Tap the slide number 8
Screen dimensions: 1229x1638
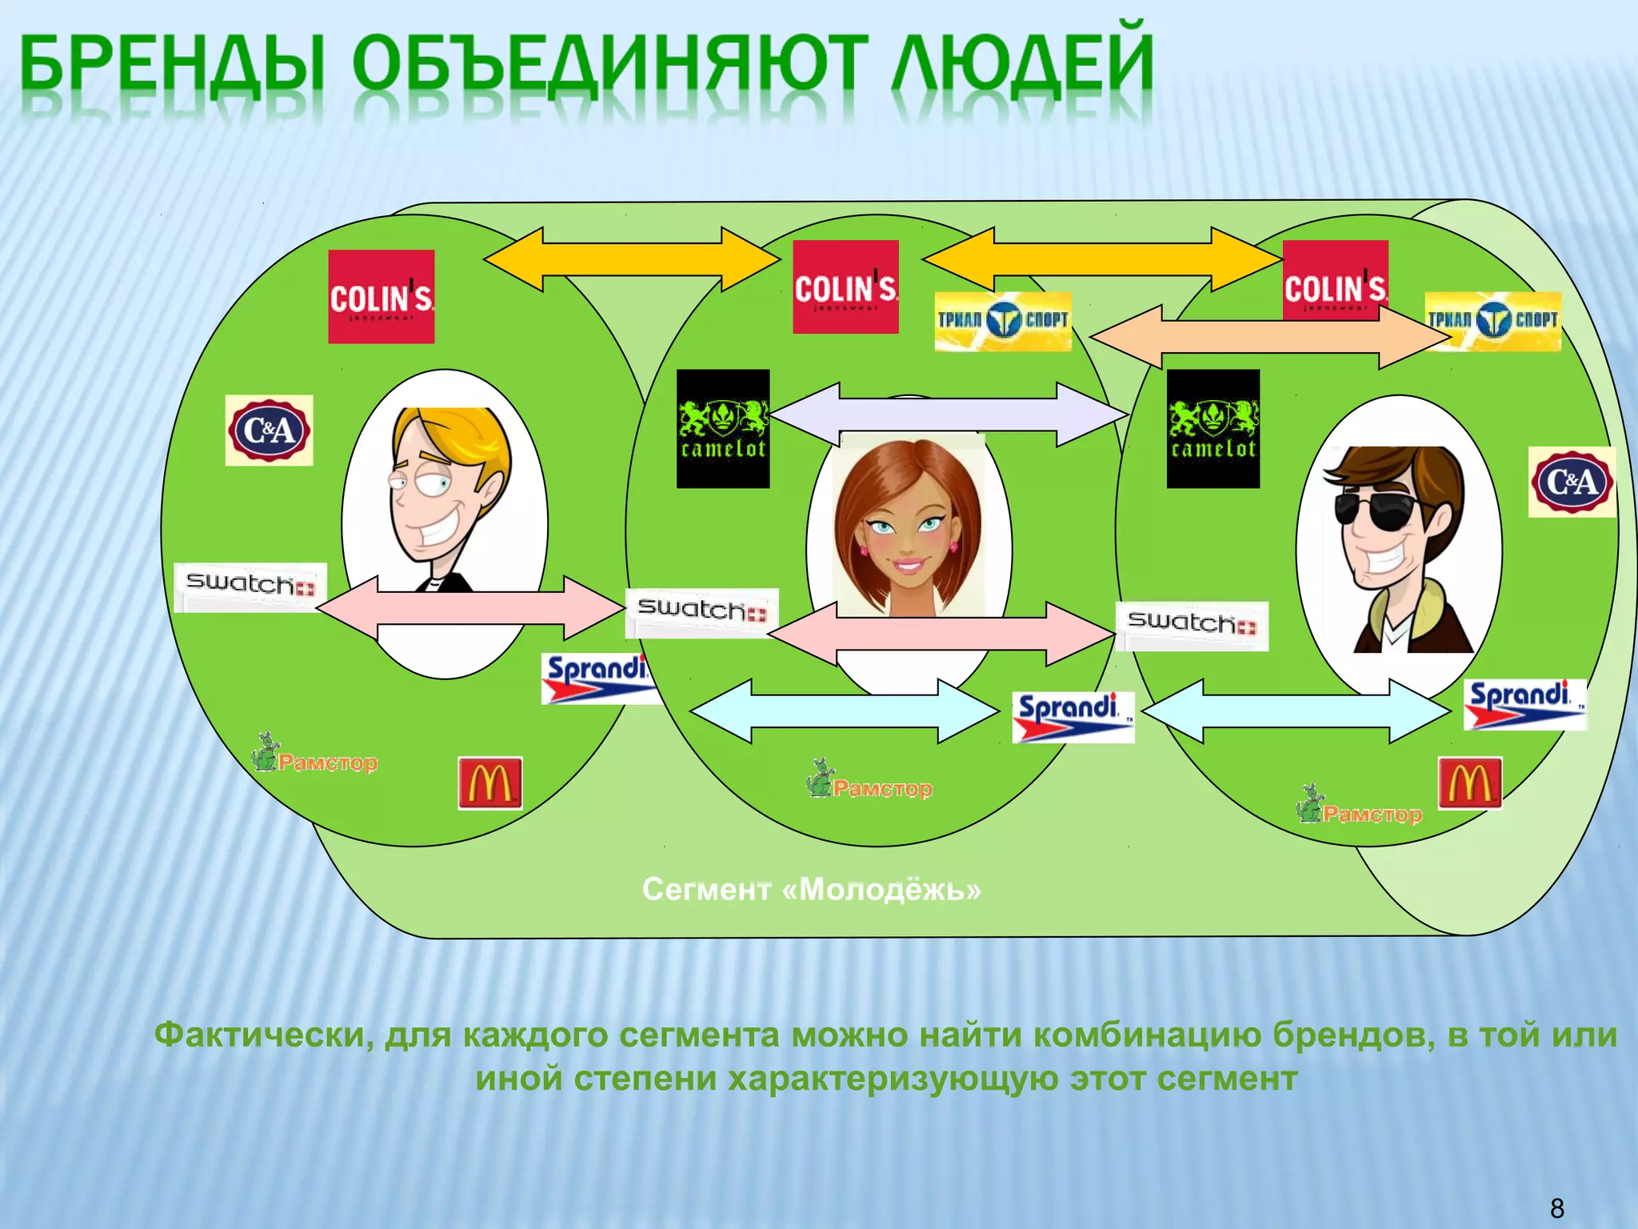[x=1556, y=1207]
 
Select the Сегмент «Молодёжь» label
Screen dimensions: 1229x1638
[x=811, y=889]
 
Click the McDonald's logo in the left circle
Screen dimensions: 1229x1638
[x=489, y=783]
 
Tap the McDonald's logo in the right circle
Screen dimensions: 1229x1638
[x=1469, y=783]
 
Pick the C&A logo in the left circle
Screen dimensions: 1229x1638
[x=269, y=430]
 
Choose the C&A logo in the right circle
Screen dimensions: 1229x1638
[x=1572, y=482]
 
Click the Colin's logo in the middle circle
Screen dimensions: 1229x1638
[x=845, y=286]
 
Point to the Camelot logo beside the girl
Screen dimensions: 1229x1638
[x=723, y=429]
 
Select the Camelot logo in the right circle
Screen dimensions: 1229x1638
[x=1213, y=429]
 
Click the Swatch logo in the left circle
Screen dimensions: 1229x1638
[x=250, y=586]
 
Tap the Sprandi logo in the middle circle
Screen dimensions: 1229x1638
[x=1073, y=717]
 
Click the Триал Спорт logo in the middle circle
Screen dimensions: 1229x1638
[x=1002, y=321]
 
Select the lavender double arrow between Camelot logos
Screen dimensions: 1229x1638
[x=948, y=414]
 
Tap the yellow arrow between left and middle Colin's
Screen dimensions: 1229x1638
[x=632, y=258]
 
